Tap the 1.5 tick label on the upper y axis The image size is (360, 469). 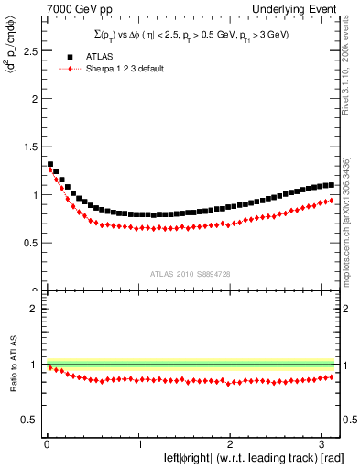click(28, 147)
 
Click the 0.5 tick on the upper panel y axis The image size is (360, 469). click(28, 243)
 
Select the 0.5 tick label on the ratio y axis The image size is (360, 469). click(28, 420)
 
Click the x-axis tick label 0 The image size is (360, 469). click(47, 444)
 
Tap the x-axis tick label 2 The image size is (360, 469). click(230, 444)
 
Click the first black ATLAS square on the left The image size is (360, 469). click(49, 165)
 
